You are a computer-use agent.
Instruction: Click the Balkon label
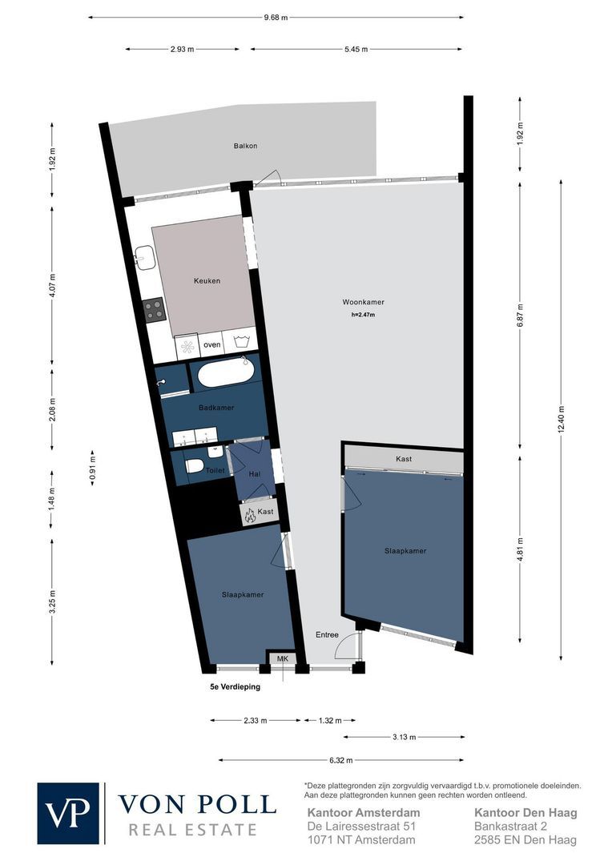click(x=245, y=146)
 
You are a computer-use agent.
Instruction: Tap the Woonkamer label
click(x=363, y=302)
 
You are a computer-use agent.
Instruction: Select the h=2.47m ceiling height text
click(x=363, y=315)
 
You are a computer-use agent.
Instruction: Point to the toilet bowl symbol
click(x=194, y=466)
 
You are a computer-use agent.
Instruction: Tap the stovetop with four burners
click(x=155, y=309)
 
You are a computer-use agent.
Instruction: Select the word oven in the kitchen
click(x=212, y=344)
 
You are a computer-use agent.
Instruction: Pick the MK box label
click(x=282, y=658)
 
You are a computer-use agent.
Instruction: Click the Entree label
click(x=327, y=634)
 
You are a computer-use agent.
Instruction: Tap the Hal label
click(x=255, y=474)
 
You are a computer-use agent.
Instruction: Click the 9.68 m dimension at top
click(x=276, y=18)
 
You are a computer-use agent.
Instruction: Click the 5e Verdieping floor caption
click(x=230, y=686)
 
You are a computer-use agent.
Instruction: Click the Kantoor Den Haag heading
click(x=525, y=812)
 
